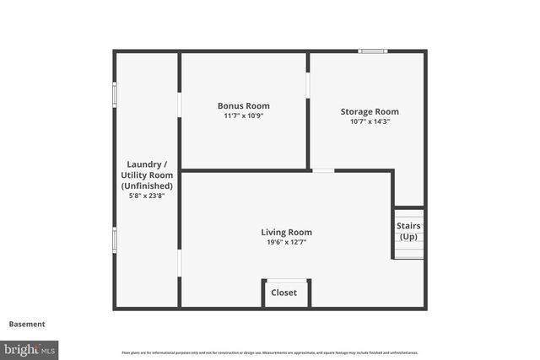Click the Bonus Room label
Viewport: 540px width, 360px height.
[243, 106]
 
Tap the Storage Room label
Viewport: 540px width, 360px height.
[370, 111]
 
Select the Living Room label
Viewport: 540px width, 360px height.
[286, 233]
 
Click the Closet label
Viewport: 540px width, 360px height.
[283, 293]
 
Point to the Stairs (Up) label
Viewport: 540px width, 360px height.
[408, 231]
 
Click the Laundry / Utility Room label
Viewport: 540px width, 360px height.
[147, 175]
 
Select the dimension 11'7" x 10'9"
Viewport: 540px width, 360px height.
[243, 116]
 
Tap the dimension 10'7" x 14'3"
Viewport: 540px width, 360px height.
[370, 121]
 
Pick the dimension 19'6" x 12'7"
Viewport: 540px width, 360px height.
[286, 243]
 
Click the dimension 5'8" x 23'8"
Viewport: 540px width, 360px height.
[147, 196]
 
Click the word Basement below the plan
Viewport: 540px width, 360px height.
[27, 324]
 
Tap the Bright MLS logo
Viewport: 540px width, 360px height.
[30, 348]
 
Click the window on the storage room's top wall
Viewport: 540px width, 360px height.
[372, 51]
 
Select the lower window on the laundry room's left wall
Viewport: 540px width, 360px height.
[115, 239]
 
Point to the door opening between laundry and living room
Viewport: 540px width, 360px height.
[179, 264]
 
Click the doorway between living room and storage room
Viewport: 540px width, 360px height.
[323, 171]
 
